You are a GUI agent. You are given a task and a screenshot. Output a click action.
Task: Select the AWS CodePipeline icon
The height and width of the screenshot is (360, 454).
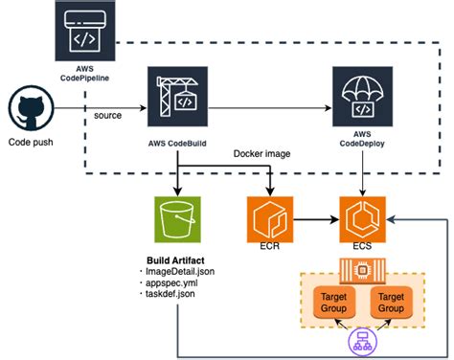click(x=81, y=32)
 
